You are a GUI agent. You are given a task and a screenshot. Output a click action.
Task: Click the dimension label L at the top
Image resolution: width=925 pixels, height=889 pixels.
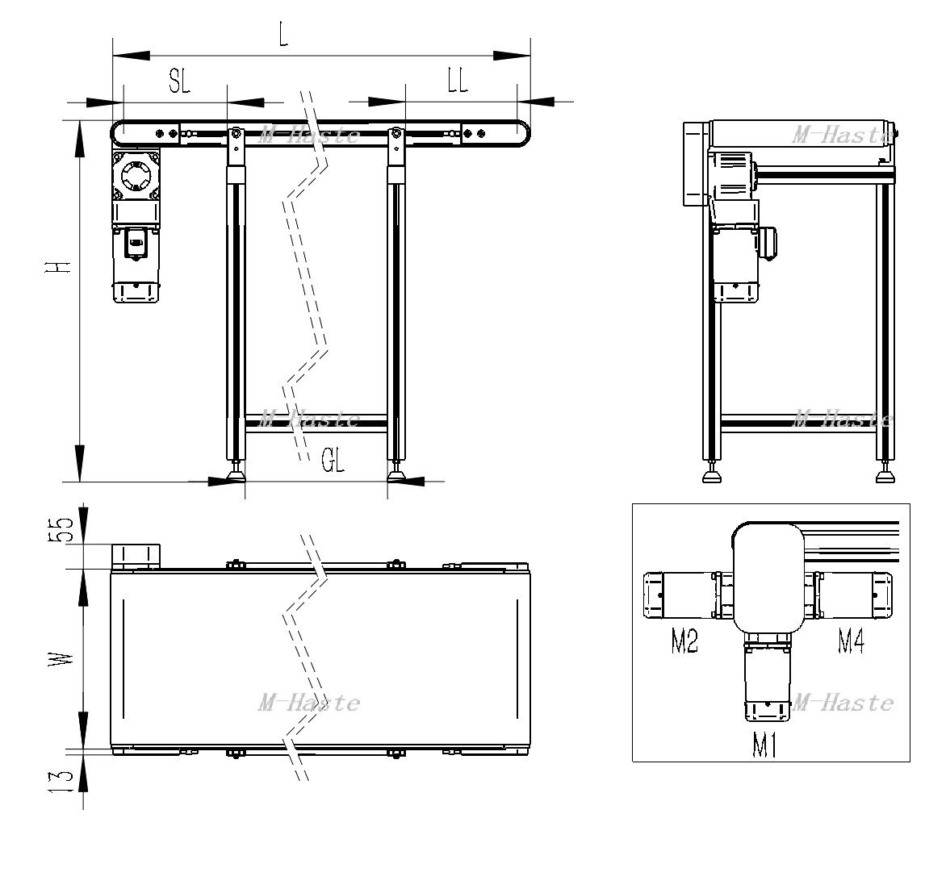[284, 36]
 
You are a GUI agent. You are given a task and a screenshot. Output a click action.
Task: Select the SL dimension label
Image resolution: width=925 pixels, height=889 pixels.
[179, 81]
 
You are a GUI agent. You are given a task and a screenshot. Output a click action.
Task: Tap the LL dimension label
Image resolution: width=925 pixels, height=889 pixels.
[457, 80]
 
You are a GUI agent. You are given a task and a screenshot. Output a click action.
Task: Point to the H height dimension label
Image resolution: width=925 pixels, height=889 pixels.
[58, 266]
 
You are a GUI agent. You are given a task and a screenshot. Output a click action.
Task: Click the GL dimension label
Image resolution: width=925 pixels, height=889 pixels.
[333, 460]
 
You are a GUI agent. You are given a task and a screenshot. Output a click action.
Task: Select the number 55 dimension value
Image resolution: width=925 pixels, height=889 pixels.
[61, 529]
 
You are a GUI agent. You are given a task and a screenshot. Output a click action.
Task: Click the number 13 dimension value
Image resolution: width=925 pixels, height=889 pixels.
[61, 781]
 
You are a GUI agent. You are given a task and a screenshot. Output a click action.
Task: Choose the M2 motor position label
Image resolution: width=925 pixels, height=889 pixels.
[684, 641]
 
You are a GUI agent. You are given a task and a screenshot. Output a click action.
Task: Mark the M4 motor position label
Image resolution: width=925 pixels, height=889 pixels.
[852, 641]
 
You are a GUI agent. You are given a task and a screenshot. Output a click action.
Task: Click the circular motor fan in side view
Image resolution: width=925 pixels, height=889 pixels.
[136, 175]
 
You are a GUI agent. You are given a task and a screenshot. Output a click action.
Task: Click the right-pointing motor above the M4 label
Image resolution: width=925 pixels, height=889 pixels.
[854, 595]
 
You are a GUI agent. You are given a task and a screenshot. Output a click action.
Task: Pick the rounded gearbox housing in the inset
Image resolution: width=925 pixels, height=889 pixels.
[768, 577]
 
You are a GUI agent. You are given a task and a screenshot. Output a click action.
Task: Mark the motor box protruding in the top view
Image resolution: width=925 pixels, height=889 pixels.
[136, 557]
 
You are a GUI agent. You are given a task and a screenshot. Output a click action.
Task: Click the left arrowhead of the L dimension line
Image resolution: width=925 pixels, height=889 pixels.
[131, 56]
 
